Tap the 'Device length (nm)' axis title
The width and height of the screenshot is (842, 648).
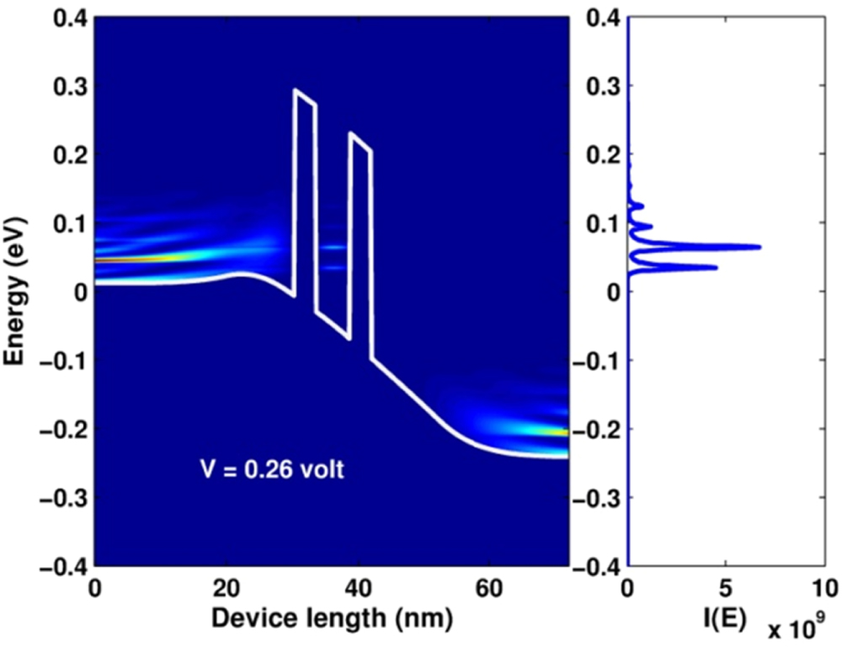click(332, 619)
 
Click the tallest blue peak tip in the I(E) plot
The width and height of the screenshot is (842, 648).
click(760, 247)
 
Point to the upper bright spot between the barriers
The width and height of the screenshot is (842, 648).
click(334, 247)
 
